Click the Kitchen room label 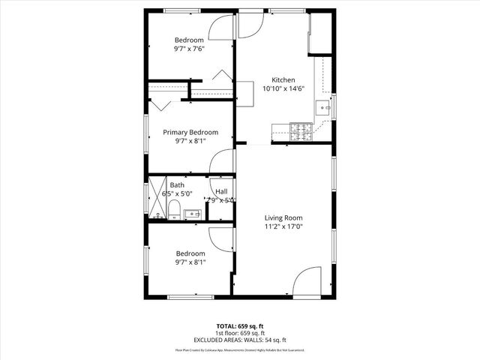pos(283,79)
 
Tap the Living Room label pos(283,217)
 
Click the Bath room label pos(177,184)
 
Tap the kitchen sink pos(325,107)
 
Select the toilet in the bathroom pos(173,208)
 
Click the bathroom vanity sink pos(192,214)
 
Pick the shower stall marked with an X pos(157,197)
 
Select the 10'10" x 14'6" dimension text pos(283,88)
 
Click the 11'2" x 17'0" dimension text pos(283,226)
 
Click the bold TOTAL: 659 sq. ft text pos(239,326)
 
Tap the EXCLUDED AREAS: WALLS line pos(239,340)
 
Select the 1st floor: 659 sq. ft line pos(239,333)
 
